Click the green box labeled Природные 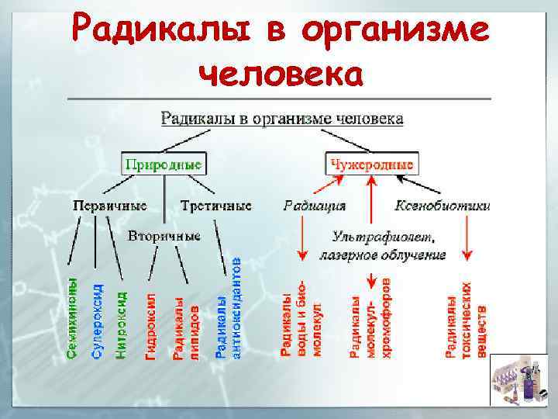point(164,164)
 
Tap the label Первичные point(109,206)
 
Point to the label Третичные point(216,206)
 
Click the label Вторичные point(164,235)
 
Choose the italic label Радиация point(314,206)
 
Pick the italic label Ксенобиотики point(443,206)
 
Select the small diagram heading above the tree point(281,119)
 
